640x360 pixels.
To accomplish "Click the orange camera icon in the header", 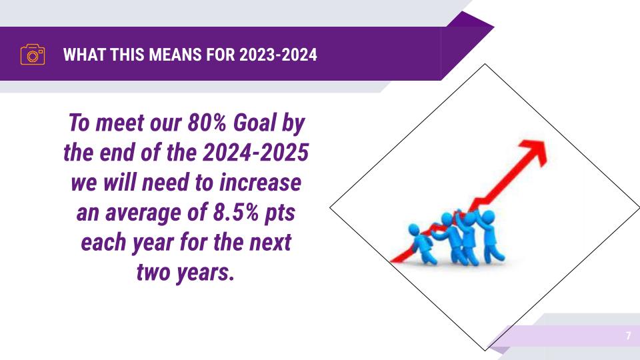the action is (33, 54).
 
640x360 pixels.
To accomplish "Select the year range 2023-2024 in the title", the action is (279, 55).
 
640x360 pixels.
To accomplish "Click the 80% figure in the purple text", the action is (207, 123).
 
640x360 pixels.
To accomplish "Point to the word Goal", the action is (255, 123).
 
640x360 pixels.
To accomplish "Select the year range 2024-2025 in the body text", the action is (255, 153).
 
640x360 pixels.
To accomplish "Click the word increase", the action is (261, 183).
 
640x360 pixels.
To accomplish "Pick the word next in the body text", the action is (270, 243).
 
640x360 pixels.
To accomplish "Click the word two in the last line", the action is (153, 272).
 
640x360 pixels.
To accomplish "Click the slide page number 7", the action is (628, 336).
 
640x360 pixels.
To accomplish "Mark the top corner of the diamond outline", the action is (485, 64).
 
